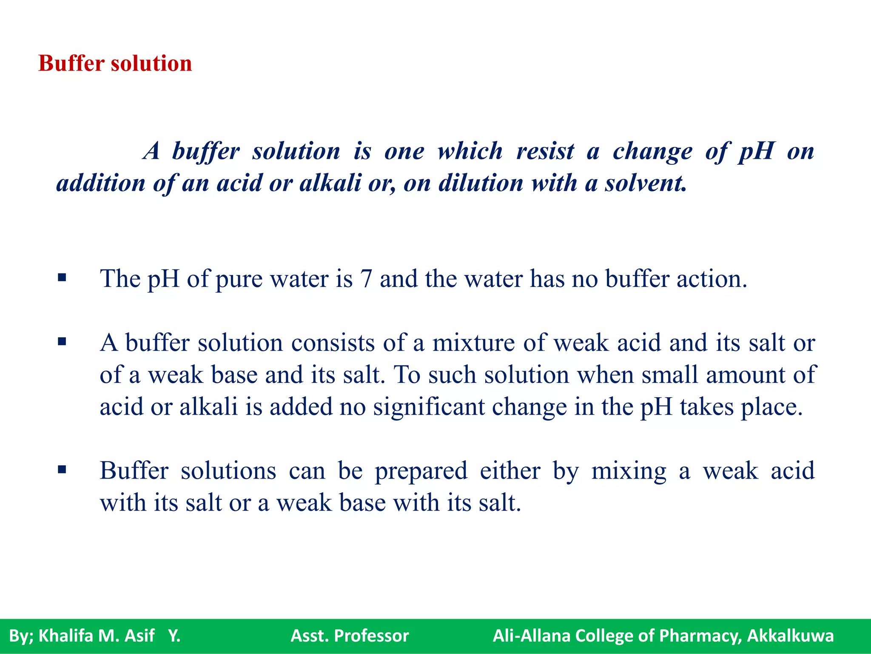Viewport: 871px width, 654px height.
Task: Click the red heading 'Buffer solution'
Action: click(x=115, y=63)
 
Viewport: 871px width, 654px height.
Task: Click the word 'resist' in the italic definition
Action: click(x=545, y=151)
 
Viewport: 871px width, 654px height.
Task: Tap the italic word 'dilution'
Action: click(x=481, y=184)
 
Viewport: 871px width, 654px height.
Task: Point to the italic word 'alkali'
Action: click(x=330, y=184)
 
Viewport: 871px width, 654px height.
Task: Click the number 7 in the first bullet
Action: click(x=366, y=279)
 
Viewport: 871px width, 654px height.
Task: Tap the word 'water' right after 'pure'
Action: click(x=299, y=279)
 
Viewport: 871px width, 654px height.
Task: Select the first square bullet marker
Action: click(x=62, y=278)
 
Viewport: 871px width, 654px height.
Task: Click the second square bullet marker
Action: click(x=62, y=341)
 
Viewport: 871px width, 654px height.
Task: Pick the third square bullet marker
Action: click(x=62, y=470)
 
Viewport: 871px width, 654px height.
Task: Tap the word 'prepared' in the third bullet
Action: click(x=421, y=471)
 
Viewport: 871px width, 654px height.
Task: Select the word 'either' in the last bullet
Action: click(x=510, y=471)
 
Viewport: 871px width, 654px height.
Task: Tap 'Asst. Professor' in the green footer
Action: click(x=350, y=636)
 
